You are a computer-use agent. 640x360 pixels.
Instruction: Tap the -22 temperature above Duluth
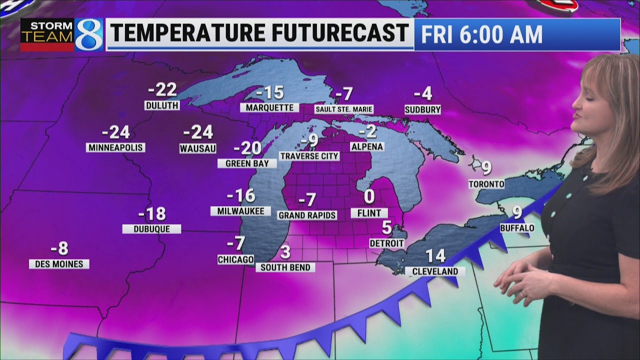click(163, 90)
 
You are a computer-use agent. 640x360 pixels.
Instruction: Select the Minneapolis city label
click(115, 147)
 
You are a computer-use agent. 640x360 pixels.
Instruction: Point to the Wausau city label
click(197, 148)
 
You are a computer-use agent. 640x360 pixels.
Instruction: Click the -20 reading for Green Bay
click(247, 148)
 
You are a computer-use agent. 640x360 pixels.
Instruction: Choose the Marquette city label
click(269, 107)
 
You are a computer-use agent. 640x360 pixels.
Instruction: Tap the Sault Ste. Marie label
click(344, 109)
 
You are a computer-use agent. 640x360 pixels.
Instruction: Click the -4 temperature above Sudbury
click(422, 93)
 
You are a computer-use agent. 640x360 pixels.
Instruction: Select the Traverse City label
click(309, 156)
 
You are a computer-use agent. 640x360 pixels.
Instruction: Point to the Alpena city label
click(367, 146)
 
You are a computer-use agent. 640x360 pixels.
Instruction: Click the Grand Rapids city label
click(307, 215)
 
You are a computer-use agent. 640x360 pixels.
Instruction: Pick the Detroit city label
click(386, 243)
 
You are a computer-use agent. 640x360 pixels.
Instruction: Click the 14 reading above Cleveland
click(435, 256)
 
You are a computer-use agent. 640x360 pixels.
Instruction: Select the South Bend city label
click(285, 267)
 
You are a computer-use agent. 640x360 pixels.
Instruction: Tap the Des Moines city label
click(59, 263)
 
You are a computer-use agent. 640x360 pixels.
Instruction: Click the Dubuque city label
click(151, 228)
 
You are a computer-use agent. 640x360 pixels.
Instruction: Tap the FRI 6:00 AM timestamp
click(481, 34)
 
